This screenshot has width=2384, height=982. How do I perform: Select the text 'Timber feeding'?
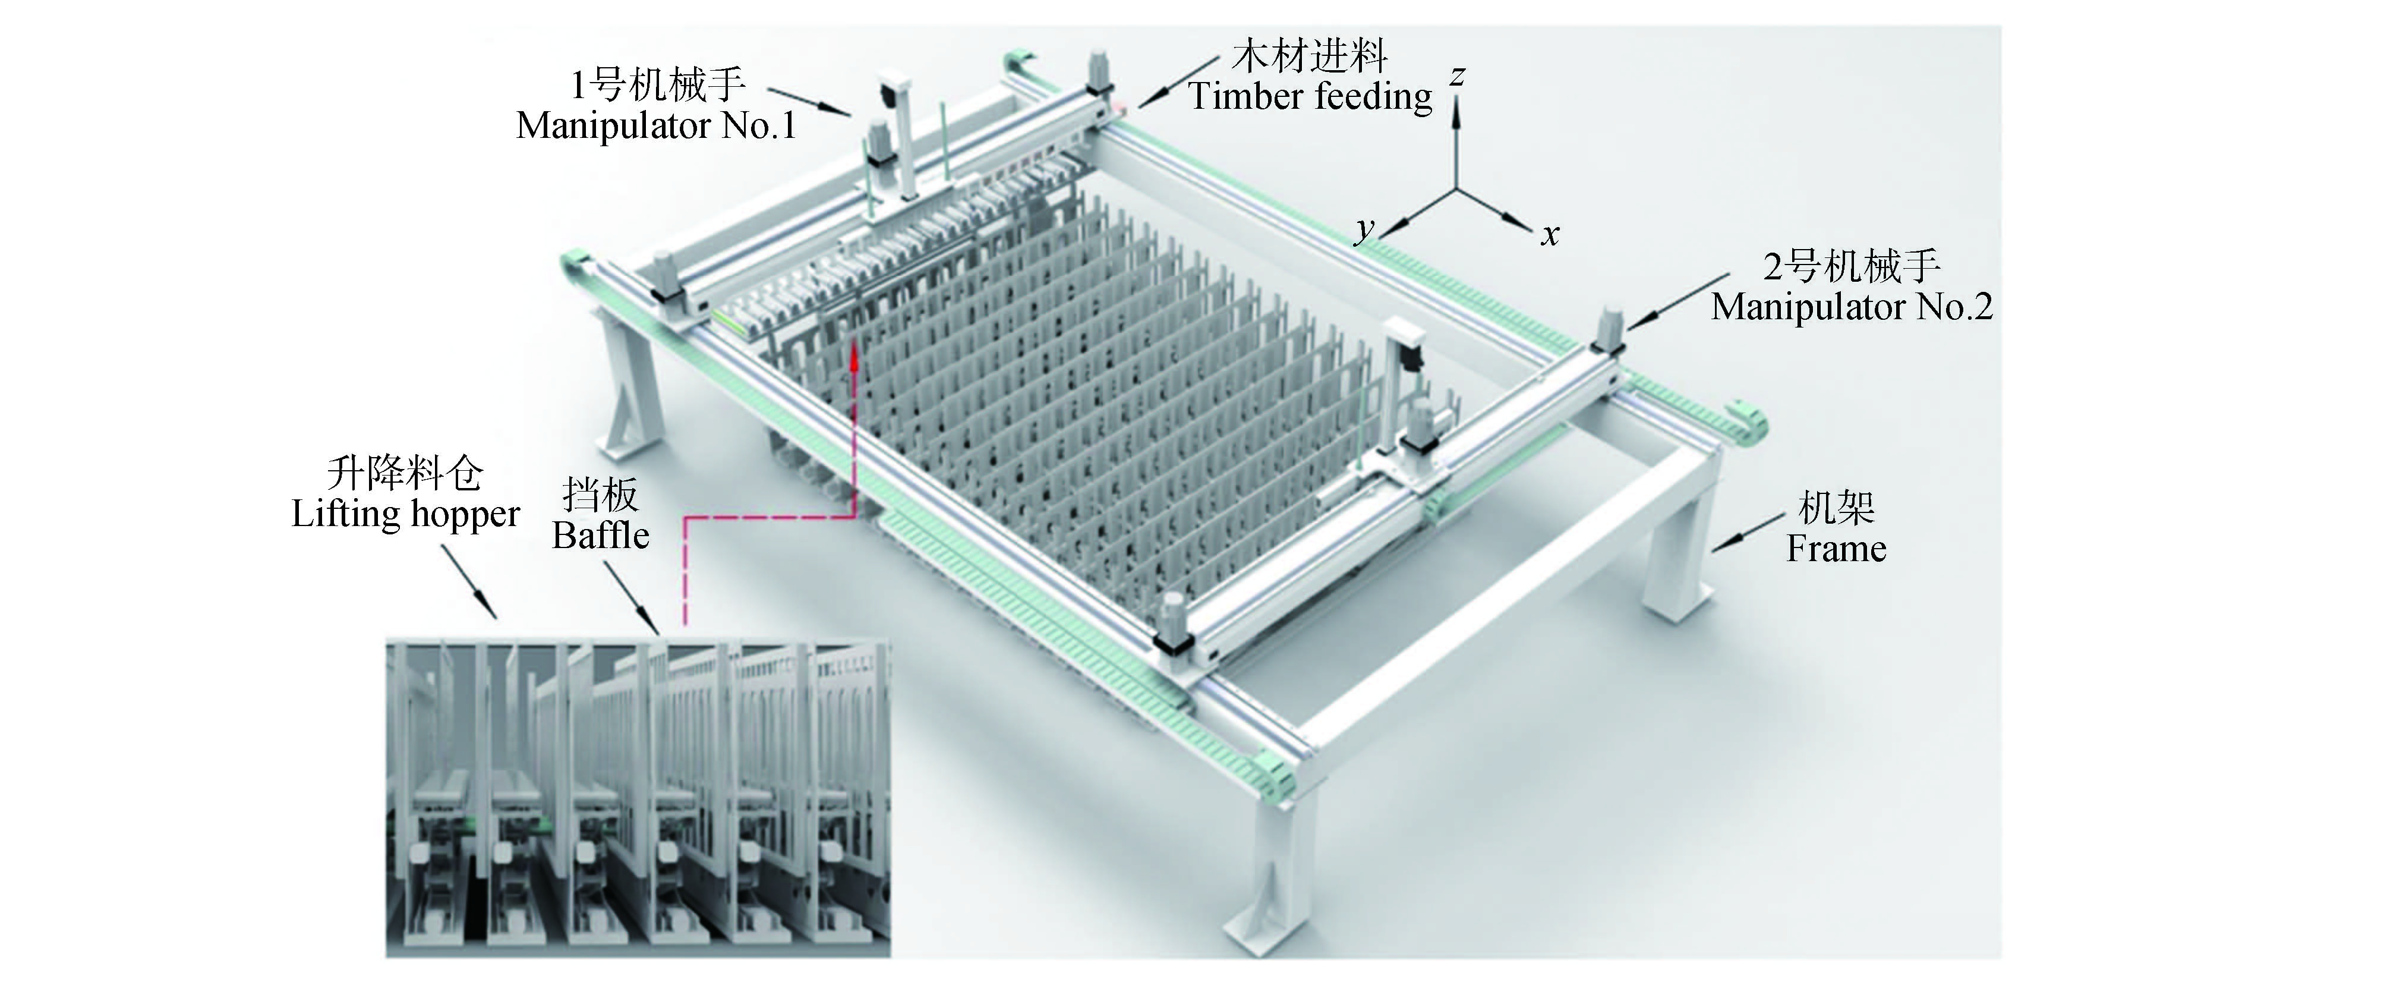pyautogui.click(x=1310, y=96)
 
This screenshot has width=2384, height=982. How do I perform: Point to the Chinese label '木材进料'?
pyautogui.click(x=1310, y=56)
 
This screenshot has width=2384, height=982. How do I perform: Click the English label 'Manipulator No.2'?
pyautogui.click(x=1852, y=306)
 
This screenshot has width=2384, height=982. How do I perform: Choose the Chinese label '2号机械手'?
pyautogui.click(x=1851, y=266)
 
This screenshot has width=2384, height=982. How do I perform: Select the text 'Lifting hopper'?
pyautogui.click(x=405, y=515)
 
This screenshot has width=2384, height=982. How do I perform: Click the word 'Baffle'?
pyautogui.click(x=601, y=535)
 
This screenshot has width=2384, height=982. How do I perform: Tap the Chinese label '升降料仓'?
pyautogui.click(x=405, y=474)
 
